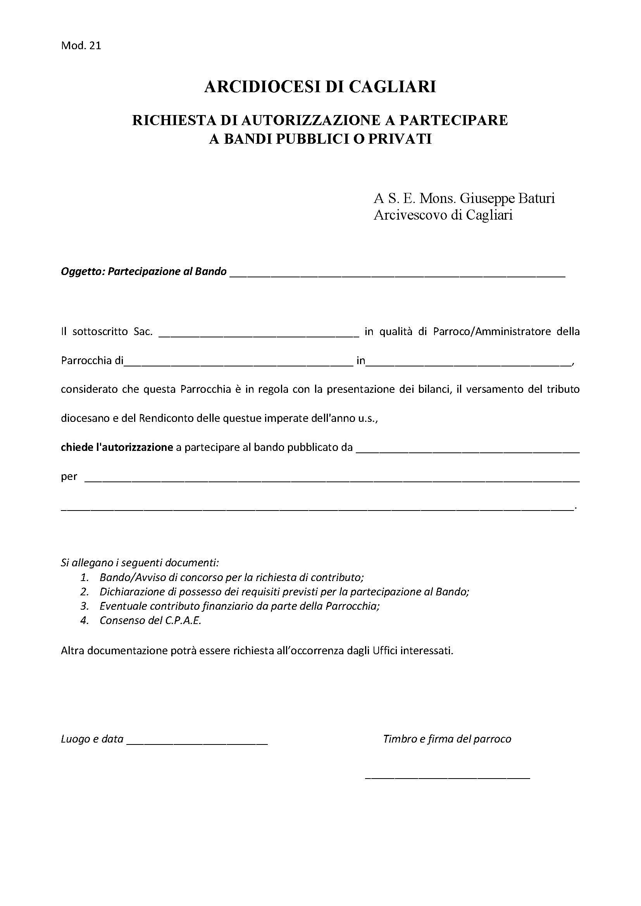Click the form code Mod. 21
[81, 46]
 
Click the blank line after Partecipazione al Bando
[397, 275]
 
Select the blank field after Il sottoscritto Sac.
[258, 335]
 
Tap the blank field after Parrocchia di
[238, 364]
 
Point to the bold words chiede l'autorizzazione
[117, 447]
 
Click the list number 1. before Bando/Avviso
[84, 578]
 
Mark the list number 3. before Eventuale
[84, 606]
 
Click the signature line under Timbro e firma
[448, 777]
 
